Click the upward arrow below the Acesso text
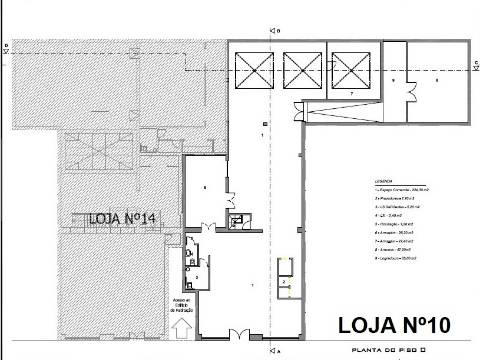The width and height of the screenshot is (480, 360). [x=182, y=323]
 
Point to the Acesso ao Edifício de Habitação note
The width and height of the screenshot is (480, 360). [x=182, y=303]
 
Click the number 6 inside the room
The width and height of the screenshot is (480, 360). [x=205, y=187]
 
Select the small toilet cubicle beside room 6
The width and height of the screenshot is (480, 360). [x=237, y=222]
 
